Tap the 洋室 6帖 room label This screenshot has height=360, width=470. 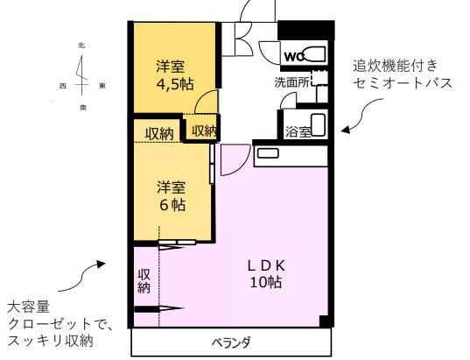(x=172, y=195)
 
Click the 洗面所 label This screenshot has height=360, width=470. (x=292, y=83)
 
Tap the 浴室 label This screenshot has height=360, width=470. (x=298, y=132)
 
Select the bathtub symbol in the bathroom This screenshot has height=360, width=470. (x=319, y=124)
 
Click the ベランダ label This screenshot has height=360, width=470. (x=232, y=342)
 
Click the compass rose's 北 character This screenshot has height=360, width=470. (x=81, y=45)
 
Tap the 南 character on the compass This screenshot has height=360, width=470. (x=82, y=107)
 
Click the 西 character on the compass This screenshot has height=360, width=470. (x=63, y=86)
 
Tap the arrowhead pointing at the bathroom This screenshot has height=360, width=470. (x=345, y=130)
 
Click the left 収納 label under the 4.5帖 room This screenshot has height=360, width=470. (x=158, y=133)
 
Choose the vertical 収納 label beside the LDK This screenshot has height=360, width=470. (x=144, y=281)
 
